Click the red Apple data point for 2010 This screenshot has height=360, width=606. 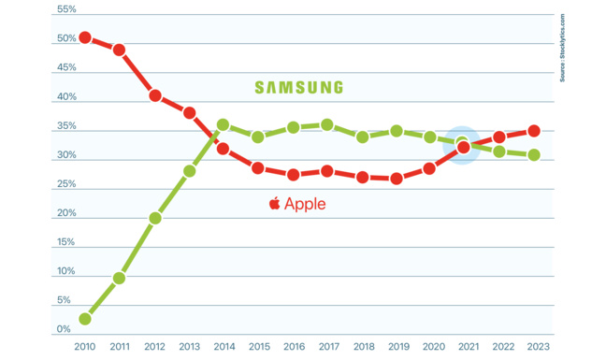pyautogui.click(x=85, y=37)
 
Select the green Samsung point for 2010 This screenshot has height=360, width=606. pyautogui.click(x=85, y=319)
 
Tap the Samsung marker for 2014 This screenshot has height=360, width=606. pyautogui.click(x=223, y=124)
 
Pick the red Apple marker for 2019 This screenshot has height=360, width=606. pyautogui.click(x=396, y=179)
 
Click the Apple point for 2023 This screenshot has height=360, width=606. pyautogui.click(x=533, y=131)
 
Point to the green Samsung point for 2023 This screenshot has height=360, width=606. pyautogui.click(x=533, y=155)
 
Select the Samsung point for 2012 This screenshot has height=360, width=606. pyautogui.click(x=154, y=218)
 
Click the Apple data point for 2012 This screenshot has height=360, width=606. pyautogui.click(x=154, y=95)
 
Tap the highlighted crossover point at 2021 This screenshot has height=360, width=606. pyautogui.click(x=464, y=145)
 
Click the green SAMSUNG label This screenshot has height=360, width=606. pyautogui.click(x=299, y=87)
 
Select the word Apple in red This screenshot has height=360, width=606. pyautogui.click(x=305, y=203)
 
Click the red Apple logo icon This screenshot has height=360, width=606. pyautogui.click(x=274, y=202)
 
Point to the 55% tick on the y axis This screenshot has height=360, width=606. pyautogui.click(x=66, y=9)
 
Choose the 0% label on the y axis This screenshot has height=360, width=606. pyautogui.click(x=64, y=330)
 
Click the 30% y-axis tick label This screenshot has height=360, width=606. pyautogui.click(x=66, y=155)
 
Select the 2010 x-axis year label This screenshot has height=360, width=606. pyautogui.click(x=85, y=346)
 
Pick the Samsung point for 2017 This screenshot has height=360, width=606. pyautogui.click(x=326, y=124)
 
